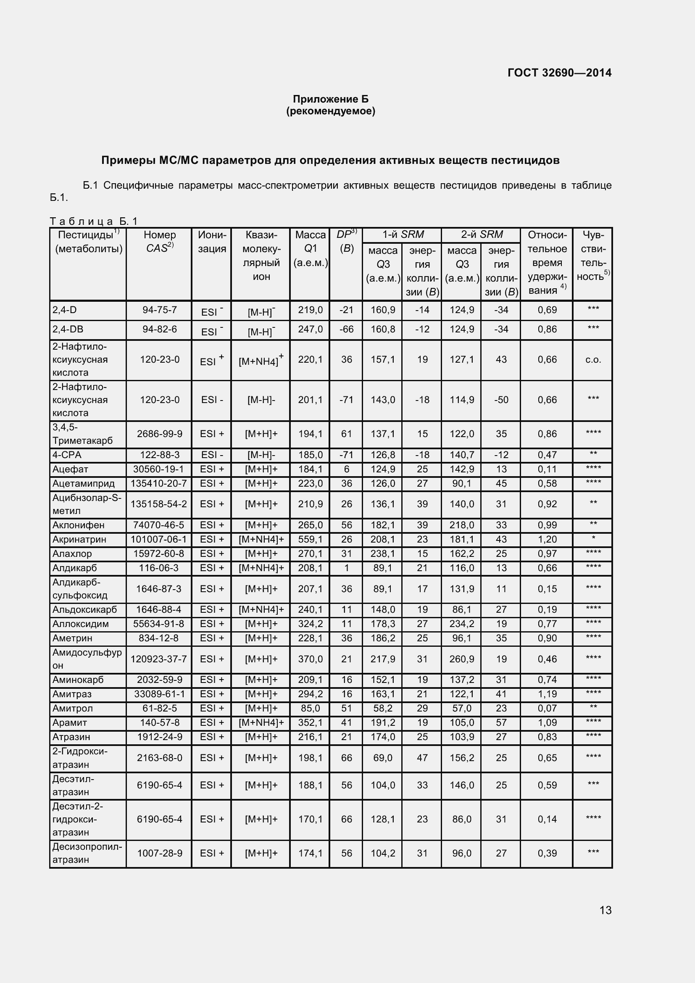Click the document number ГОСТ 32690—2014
click(559, 73)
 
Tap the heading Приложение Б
click(330, 99)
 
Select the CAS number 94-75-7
click(159, 310)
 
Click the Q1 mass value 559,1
click(310, 540)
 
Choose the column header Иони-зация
click(212, 242)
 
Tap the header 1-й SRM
click(402, 235)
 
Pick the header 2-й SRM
click(482, 235)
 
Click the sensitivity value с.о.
click(593, 360)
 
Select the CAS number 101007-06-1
click(159, 540)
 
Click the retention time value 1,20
click(547, 540)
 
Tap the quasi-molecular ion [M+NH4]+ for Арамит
click(261, 723)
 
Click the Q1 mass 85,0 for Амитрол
click(310, 708)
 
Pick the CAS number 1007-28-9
click(159, 853)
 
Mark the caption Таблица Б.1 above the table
click(93, 221)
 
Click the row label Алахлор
click(72, 553)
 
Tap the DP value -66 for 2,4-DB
click(346, 329)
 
